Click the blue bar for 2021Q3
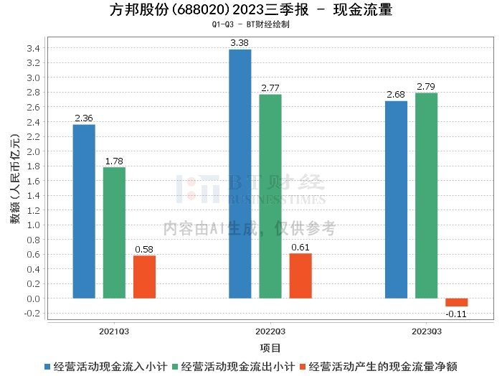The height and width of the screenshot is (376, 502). [x=84, y=211]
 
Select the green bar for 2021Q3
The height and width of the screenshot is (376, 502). [x=114, y=232]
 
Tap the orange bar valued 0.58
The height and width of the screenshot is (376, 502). [x=144, y=276]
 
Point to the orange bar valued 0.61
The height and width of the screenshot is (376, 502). [x=300, y=276]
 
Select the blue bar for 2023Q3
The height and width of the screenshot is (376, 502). [x=396, y=199]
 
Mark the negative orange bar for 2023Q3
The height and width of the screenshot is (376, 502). [x=456, y=302]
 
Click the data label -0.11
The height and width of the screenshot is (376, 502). [x=456, y=314]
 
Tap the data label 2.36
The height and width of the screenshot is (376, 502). [x=84, y=118]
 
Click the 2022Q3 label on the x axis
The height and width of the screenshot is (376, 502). [x=270, y=332]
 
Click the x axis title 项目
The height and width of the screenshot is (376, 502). [x=270, y=348]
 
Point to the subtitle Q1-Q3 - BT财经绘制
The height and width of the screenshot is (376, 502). [x=251, y=24]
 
